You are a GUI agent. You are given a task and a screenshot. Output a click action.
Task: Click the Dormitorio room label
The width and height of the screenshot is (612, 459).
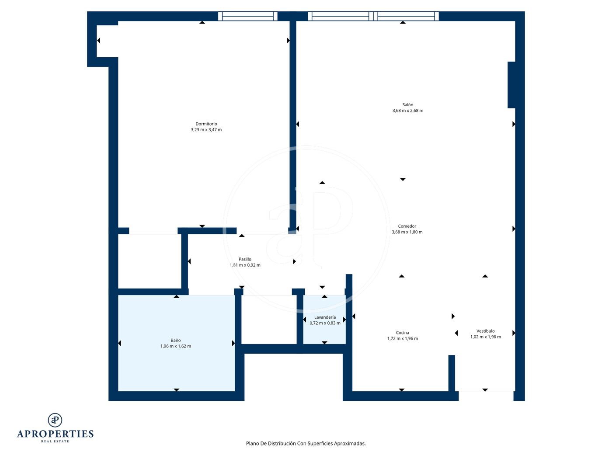point(206,124)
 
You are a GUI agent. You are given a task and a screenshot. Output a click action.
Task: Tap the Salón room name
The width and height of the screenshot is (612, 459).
point(407,104)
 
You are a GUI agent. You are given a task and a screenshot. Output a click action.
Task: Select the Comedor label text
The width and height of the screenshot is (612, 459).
point(407,226)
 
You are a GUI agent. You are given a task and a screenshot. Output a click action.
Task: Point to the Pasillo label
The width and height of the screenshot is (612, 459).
point(245,259)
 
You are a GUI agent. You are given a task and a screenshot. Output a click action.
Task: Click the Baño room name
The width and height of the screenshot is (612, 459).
point(176,340)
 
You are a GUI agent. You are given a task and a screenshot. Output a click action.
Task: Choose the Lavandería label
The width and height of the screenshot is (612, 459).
point(325,317)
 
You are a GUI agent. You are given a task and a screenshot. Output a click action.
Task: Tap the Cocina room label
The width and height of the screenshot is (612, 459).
point(402,333)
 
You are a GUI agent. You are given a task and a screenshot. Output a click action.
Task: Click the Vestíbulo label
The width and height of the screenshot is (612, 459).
point(485,331)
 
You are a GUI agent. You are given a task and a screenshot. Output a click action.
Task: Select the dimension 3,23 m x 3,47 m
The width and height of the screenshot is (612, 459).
point(206,129)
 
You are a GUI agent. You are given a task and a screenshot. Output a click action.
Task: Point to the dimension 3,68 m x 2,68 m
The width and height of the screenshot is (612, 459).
point(407,110)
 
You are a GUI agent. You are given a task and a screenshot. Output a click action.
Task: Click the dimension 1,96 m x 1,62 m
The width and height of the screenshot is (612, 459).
point(176,346)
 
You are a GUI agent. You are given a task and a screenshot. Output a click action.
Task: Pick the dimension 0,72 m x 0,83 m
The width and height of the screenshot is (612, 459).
point(325,323)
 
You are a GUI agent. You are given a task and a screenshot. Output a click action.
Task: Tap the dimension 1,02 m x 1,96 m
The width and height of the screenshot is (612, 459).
point(485,337)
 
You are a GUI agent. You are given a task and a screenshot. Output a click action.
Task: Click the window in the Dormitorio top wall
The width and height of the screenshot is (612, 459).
point(247,16)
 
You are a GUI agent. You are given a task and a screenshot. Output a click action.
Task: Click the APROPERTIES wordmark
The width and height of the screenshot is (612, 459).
point(55,434)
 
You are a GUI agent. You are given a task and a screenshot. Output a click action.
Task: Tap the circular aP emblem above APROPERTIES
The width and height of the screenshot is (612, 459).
point(55,420)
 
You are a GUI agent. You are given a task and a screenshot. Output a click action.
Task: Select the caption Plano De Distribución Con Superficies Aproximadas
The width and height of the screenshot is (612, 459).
point(306,443)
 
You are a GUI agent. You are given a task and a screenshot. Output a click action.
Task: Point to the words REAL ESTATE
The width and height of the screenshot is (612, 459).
point(55,442)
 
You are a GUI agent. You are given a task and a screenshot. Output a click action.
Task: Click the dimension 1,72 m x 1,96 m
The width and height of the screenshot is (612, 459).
point(402,338)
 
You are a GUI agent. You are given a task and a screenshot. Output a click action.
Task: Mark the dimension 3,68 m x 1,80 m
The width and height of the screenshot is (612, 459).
point(407,232)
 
